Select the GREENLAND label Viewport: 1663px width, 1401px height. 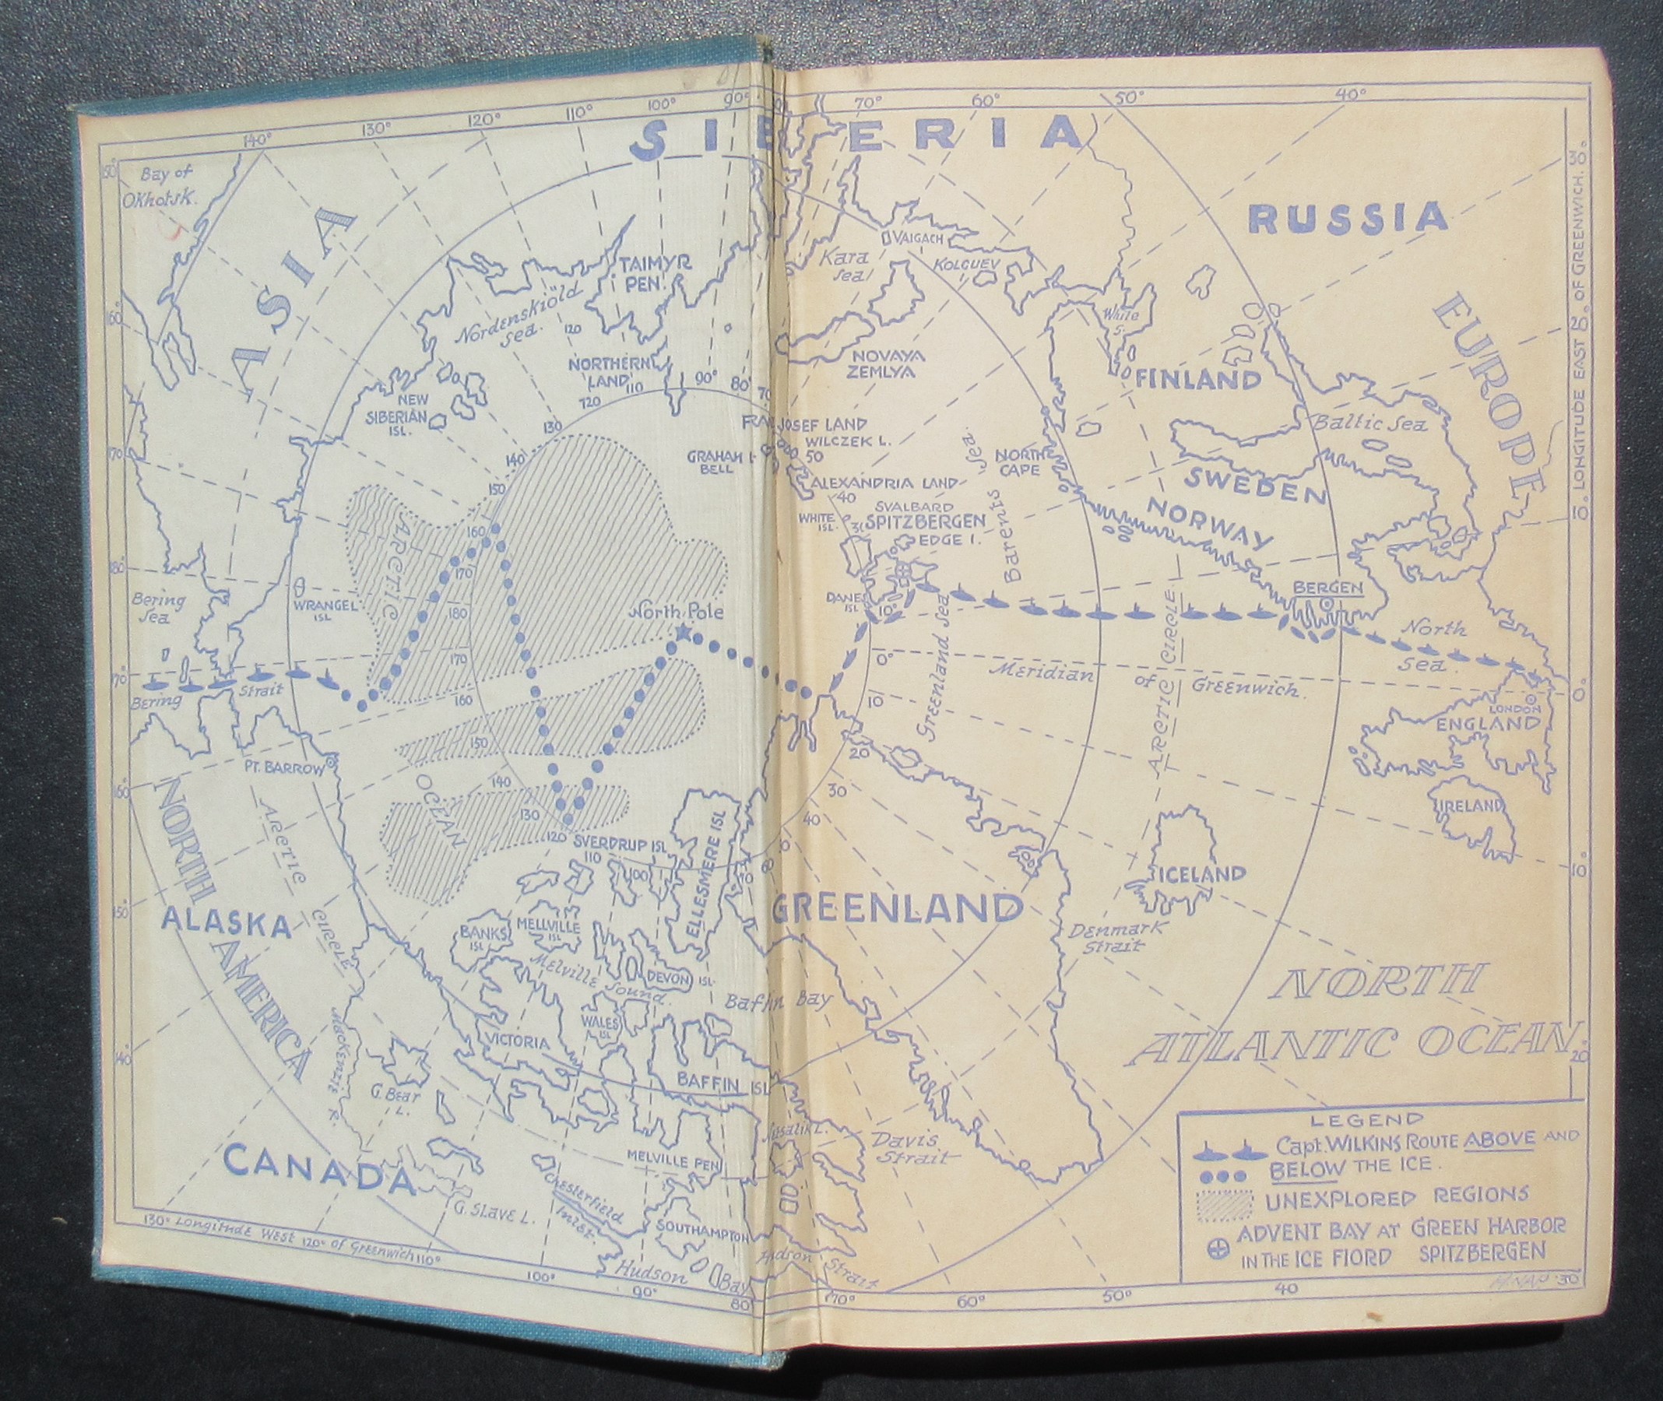(895, 908)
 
